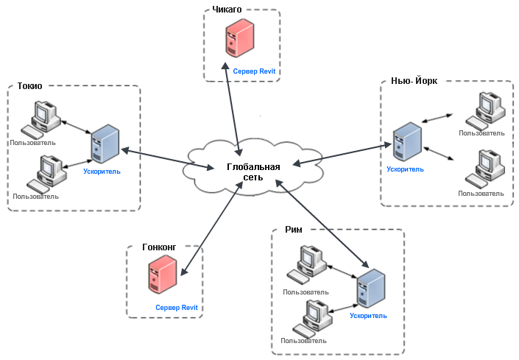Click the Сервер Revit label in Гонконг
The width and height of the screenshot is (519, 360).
[177, 307]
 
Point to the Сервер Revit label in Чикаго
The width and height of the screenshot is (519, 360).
[253, 72]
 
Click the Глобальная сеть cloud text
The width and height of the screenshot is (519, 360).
[253, 172]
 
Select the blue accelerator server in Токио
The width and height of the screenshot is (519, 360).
[103, 145]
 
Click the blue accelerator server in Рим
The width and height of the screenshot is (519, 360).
[370, 289]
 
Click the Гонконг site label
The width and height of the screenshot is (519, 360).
[160, 248]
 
